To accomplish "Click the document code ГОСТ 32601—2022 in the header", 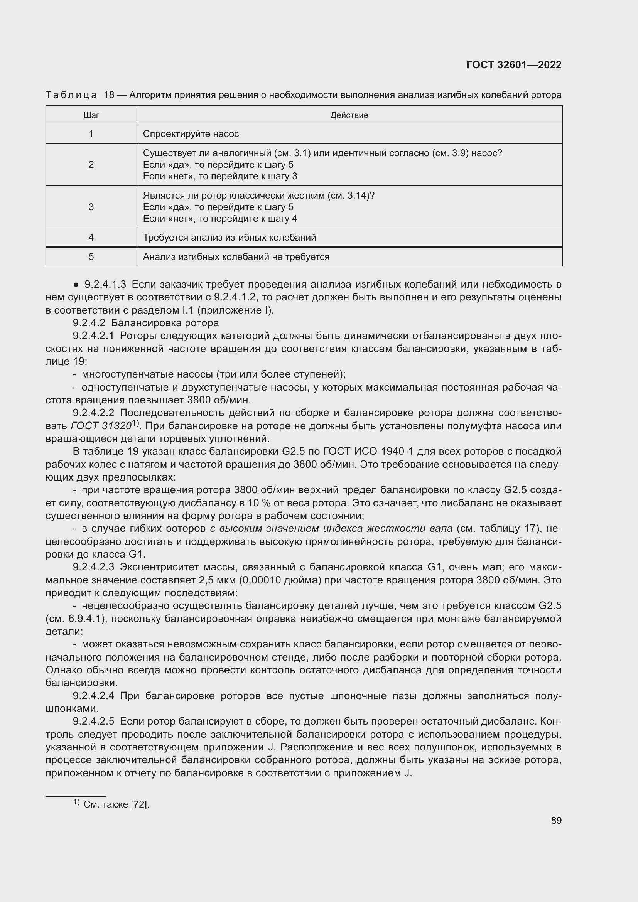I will (513, 65).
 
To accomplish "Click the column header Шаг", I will (91, 115).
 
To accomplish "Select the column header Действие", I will (349, 115).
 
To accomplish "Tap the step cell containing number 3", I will (91, 207).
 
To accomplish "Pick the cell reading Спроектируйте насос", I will (191, 134).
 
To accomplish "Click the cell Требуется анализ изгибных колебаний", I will (230, 238).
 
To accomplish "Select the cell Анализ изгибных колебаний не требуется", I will (236, 257).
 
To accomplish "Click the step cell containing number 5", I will (91, 257).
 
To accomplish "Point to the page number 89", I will (556, 820).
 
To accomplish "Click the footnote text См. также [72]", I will (116, 804).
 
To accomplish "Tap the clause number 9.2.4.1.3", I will (105, 284).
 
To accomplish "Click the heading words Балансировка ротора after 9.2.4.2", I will (165, 323).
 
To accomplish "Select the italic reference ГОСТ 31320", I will (101, 426).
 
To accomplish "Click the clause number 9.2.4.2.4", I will (93, 696).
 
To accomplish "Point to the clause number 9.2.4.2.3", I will (93, 567).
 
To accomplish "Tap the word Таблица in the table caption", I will (71, 95).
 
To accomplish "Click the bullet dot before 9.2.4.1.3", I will (76, 285).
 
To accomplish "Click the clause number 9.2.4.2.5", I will (93, 722).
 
